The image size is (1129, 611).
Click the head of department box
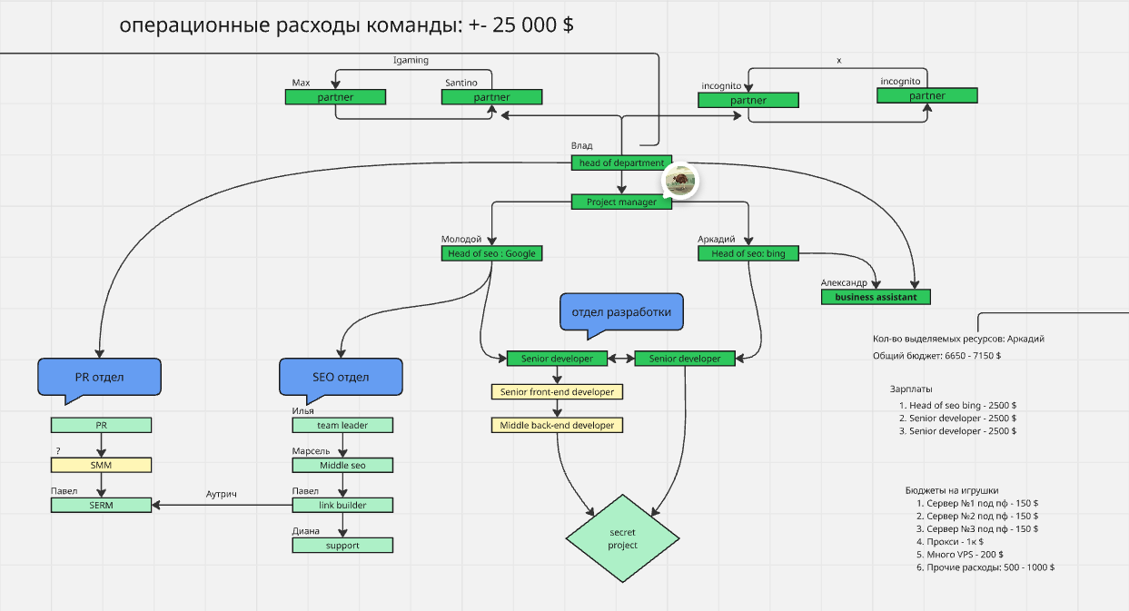[x=621, y=163]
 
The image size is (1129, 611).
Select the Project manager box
[x=621, y=202]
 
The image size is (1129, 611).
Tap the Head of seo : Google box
[x=491, y=253]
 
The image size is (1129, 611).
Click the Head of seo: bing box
[x=748, y=253]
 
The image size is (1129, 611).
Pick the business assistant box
[x=876, y=297]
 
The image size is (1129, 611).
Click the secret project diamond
[x=623, y=538]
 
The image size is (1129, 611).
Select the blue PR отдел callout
[x=99, y=377]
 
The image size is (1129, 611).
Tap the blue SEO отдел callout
[x=341, y=377]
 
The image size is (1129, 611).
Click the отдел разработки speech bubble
[x=621, y=313]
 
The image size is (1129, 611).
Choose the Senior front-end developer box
[x=557, y=392]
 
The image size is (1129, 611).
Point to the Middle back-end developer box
[x=557, y=425]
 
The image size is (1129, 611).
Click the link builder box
[x=342, y=505]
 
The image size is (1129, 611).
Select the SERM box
[x=101, y=505]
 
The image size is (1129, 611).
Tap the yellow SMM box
[x=101, y=465]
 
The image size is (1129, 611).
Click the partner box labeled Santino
[x=491, y=97]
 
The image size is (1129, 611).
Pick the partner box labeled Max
[x=335, y=97]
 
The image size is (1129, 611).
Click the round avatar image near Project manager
[x=679, y=181]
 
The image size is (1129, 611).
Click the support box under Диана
[x=342, y=546]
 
